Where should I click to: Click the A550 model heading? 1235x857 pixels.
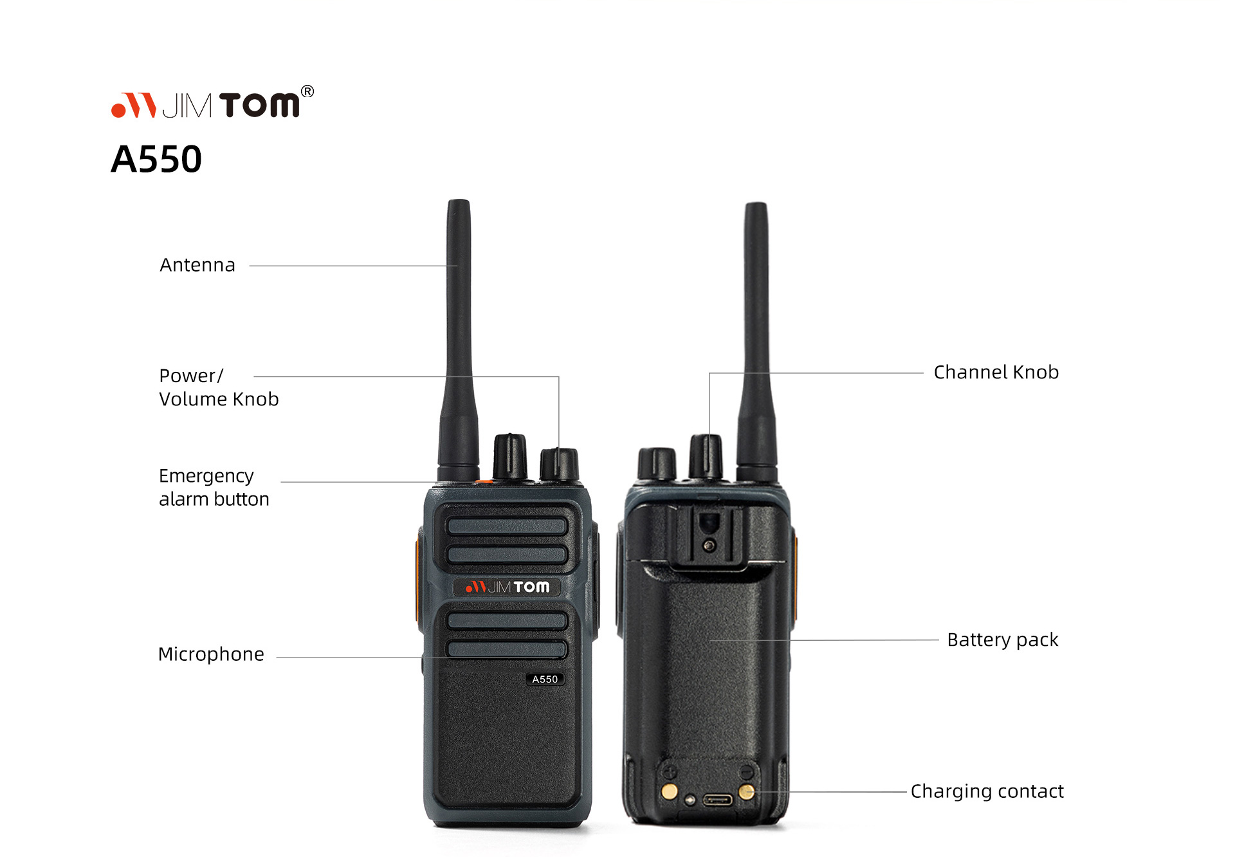click(156, 159)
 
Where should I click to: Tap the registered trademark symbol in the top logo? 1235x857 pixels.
click(307, 91)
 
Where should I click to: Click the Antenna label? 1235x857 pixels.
click(197, 265)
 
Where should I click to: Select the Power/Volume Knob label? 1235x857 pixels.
click(219, 387)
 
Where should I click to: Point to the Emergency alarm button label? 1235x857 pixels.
click(214, 487)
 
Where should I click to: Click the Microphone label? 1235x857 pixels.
click(211, 654)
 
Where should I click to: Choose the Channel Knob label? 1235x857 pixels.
click(996, 373)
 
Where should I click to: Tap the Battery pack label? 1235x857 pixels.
click(1003, 640)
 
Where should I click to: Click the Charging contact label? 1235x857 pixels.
click(987, 791)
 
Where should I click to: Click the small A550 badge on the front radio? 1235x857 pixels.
click(545, 679)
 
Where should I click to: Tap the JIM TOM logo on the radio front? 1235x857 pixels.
click(508, 587)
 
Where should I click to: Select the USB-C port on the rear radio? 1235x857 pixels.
click(717, 800)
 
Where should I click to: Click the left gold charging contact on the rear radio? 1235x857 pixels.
click(670, 791)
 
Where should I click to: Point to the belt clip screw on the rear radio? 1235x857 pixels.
click(709, 546)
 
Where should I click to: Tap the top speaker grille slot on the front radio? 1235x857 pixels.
click(507, 526)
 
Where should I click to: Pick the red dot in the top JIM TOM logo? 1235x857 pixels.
click(118, 110)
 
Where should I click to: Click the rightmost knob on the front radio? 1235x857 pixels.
click(559, 465)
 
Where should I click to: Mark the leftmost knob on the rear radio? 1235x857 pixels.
click(657, 464)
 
